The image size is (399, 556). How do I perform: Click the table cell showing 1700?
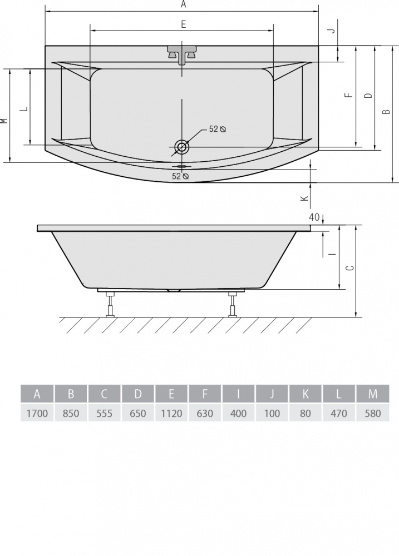coord(37,413)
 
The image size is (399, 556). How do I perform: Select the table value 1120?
coord(171,413)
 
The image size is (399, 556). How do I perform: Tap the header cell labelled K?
coord(306,394)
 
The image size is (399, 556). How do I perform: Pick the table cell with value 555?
coord(104,413)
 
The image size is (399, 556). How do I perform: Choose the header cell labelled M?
coord(373,394)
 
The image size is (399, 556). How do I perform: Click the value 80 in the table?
coord(306,413)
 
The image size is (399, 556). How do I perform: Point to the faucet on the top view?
coord(182,53)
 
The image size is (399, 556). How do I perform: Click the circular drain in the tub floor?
coord(182,146)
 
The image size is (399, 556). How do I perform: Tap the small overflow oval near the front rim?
coord(182,166)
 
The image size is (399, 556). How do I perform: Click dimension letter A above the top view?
coord(183,4)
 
